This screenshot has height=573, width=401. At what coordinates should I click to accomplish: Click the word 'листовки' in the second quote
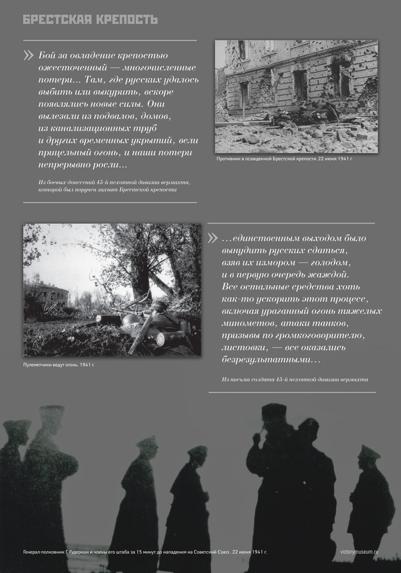tap(245, 348)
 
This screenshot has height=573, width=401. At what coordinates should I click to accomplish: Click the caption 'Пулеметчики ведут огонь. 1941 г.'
tap(59, 365)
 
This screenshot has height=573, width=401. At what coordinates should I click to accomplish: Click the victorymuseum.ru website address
tap(359, 552)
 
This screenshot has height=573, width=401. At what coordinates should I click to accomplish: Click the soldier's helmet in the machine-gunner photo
tap(159, 306)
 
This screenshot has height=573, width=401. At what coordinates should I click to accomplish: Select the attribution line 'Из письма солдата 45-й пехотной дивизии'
tap(295, 380)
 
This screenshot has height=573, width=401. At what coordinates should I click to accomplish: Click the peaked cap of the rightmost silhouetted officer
tap(369, 451)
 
